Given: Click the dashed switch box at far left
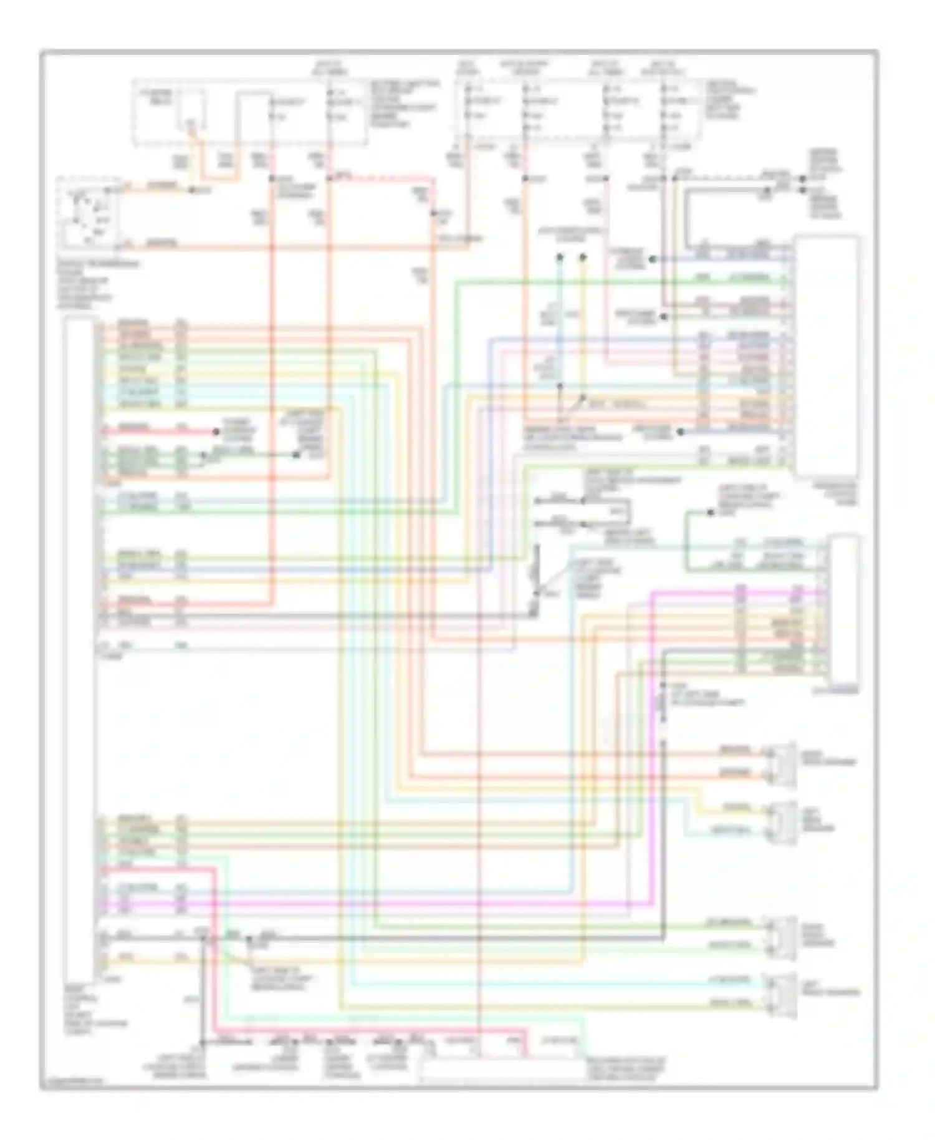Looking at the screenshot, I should click(x=87, y=212).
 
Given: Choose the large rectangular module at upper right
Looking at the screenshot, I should click(x=827, y=355).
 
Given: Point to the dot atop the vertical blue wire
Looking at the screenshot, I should click(x=560, y=257).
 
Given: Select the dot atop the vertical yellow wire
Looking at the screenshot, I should click(x=583, y=257).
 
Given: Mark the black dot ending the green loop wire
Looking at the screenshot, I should click(x=710, y=513).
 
